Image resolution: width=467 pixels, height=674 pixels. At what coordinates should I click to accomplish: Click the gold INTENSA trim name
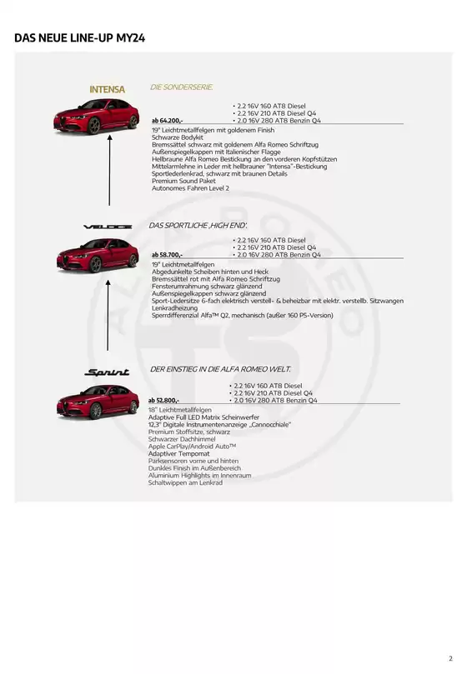tap(107, 89)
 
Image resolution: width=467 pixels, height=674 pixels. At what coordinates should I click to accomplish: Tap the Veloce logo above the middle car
tap(107, 227)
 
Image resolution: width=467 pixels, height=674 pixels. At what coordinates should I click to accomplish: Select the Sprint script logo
tap(108, 372)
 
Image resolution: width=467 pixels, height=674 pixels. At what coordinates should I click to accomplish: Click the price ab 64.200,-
tap(168, 121)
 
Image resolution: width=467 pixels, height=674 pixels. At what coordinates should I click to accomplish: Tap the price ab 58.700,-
tap(168, 254)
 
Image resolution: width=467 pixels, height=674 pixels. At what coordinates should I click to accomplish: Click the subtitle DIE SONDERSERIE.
tap(181, 87)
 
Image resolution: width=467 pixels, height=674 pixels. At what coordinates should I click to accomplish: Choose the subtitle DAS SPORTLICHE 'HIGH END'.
tap(198, 225)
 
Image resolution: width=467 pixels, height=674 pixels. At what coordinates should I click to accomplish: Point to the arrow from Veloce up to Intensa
tap(108, 175)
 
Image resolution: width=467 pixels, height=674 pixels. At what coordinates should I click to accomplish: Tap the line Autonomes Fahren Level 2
tap(191, 188)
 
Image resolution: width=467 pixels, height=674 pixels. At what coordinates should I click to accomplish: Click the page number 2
tap(450, 657)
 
